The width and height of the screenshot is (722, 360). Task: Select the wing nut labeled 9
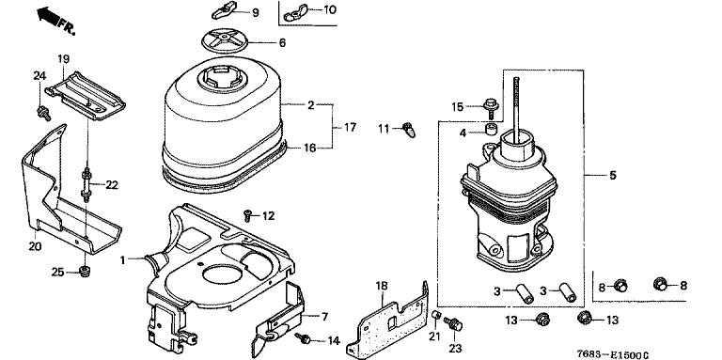point(224,11)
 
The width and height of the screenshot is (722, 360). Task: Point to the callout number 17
point(350,127)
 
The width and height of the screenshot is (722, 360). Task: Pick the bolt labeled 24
point(44,113)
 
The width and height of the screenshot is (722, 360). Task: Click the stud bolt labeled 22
point(86,184)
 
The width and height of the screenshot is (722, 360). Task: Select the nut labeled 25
point(85,272)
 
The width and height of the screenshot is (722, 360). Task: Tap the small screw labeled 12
point(248,214)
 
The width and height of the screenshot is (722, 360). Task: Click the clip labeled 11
point(409,129)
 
